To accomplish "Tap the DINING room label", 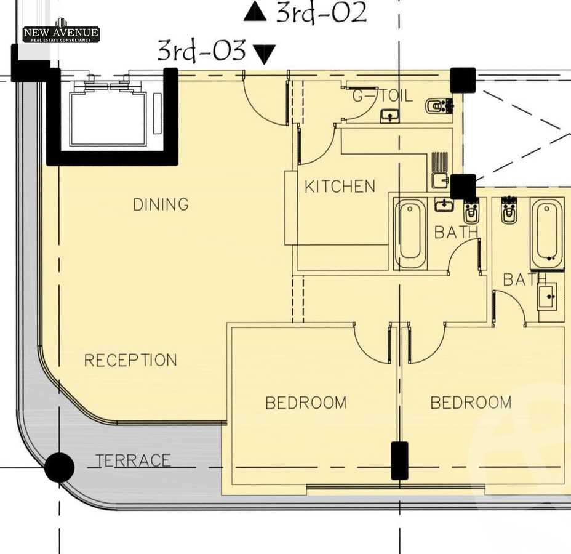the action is coord(161,204).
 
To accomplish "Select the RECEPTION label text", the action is coord(130,360).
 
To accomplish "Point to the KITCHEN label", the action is coord(340,187).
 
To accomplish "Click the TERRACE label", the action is coord(133,460).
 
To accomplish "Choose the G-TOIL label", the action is coord(382,96).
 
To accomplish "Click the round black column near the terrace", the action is coord(59,467).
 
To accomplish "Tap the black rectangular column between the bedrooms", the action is coord(399,460).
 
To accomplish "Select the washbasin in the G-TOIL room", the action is coord(389,116).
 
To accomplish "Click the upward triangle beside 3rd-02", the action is coord(255,12).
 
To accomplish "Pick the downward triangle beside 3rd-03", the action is coord(263,55).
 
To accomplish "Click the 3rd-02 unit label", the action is coord(321,13).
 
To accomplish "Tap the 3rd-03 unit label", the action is coord(201,50).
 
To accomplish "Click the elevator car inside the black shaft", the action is coord(108,119).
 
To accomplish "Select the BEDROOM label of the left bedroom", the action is coord(306,403).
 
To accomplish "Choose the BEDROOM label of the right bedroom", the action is coord(471,403).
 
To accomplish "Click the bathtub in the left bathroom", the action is coord(410,233).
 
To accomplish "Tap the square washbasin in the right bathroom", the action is coord(547,297).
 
